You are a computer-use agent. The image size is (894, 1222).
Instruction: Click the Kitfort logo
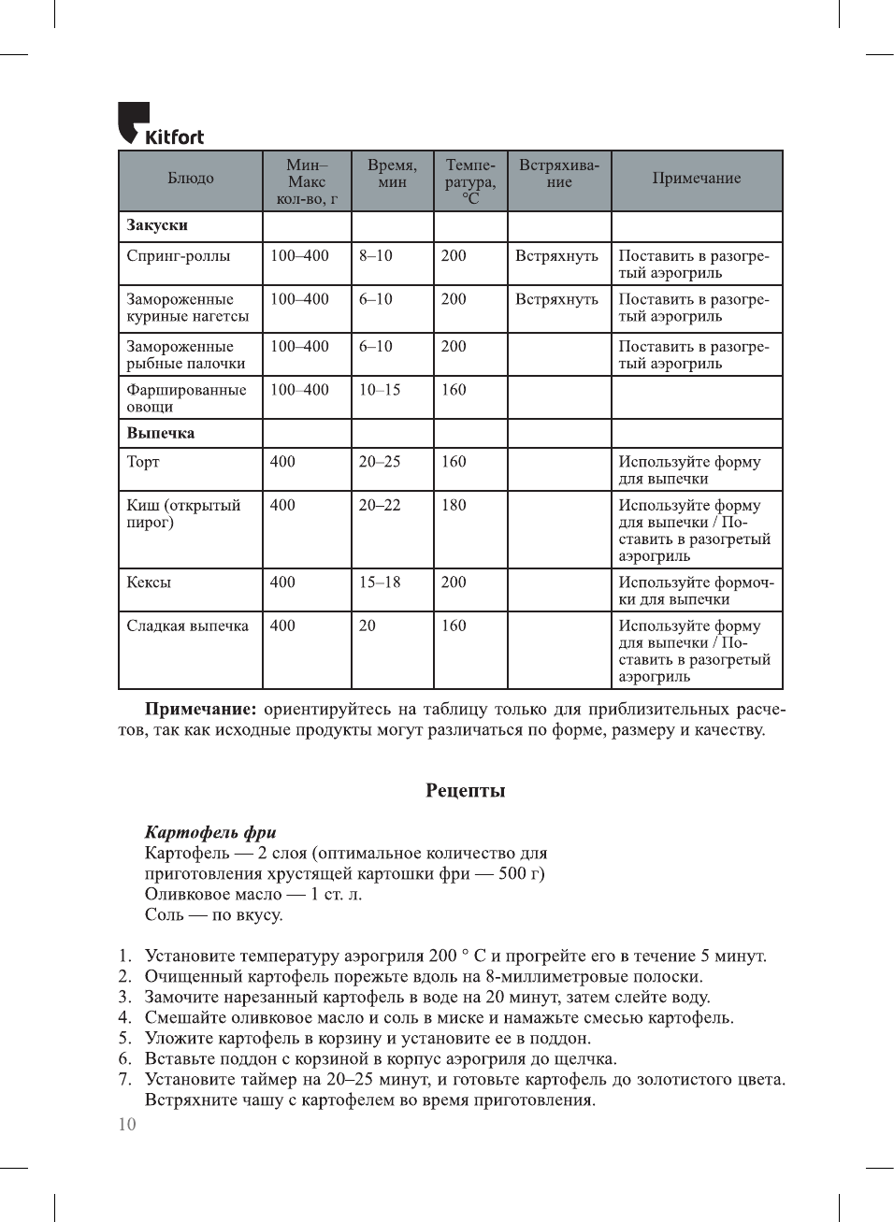[x=160, y=124]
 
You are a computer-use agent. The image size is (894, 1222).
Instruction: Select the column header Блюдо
[x=191, y=179]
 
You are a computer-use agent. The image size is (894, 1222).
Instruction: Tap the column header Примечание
[x=696, y=179]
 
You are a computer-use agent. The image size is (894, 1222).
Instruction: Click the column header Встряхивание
[x=559, y=174]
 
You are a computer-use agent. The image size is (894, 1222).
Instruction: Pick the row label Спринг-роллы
[x=179, y=256]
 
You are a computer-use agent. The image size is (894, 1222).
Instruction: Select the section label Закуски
[x=157, y=225]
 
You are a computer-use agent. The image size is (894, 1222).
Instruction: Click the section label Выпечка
[x=161, y=434]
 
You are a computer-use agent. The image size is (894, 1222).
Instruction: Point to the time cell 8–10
[x=376, y=256]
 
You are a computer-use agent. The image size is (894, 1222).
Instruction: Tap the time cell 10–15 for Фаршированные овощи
[x=380, y=390]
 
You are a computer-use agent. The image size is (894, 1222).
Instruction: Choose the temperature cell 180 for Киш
[x=454, y=506]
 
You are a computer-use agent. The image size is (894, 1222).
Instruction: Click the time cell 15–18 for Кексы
[x=380, y=582]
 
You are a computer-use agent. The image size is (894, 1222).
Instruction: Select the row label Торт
[x=143, y=462]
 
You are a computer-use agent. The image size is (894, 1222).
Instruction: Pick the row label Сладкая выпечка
[x=188, y=626]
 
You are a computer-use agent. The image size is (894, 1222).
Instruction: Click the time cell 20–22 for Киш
[x=380, y=506]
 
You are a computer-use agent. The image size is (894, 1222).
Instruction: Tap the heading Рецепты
[x=465, y=791]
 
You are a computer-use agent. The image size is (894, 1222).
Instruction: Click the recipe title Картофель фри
[x=210, y=832]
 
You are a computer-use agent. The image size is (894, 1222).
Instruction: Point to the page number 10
[x=127, y=1125]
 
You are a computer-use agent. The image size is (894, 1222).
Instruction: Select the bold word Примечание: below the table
[x=200, y=710]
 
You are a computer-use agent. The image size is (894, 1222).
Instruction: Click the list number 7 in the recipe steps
[x=124, y=1080]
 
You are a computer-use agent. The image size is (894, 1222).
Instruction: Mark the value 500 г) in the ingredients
[x=521, y=874]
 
